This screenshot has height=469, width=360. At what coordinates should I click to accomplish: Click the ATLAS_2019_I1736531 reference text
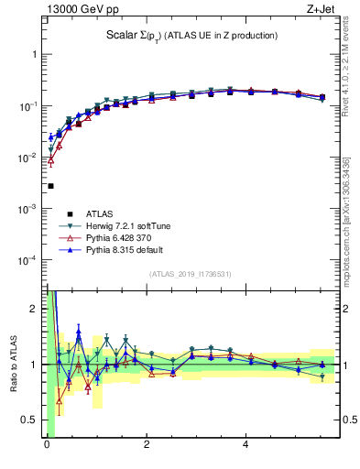[189, 274]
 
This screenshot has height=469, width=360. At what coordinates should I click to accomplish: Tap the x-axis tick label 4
[245, 446]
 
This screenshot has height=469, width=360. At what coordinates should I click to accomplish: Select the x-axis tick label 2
[146, 446]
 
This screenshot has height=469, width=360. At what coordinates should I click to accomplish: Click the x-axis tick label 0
[47, 446]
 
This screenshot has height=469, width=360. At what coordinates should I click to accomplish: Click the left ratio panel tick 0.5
[32, 420]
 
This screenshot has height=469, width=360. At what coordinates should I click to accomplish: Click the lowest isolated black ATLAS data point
[50, 186]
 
